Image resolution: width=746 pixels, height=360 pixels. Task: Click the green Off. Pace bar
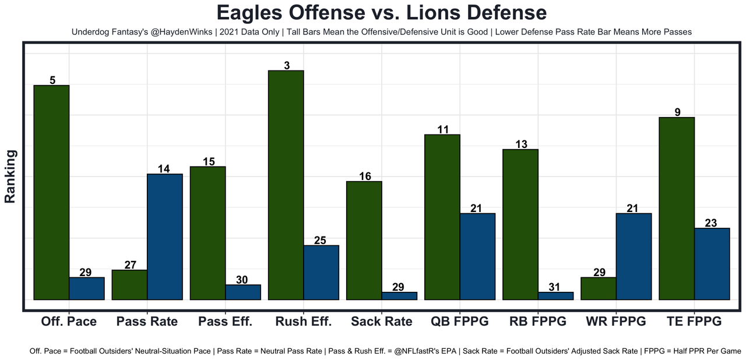click(52, 192)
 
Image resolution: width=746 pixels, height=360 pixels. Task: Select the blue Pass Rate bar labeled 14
click(165, 237)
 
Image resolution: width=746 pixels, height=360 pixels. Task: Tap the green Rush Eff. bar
click(286, 185)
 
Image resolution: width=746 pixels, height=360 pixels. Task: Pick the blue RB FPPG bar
click(555, 296)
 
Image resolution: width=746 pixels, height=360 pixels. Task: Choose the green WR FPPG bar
click(599, 288)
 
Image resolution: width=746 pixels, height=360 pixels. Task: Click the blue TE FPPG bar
click(712, 263)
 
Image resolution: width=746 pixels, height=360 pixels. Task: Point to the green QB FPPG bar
click(442, 217)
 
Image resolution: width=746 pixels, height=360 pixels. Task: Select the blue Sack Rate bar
click(399, 296)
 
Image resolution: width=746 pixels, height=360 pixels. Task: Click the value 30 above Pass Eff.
click(242, 280)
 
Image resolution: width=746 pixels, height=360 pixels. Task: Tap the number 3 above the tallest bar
click(287, 66)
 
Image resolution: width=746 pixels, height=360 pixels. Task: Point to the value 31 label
click(554, 287)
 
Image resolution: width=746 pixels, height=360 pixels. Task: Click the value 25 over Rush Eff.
click(321, 240)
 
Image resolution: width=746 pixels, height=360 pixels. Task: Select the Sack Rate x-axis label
click(382, 322)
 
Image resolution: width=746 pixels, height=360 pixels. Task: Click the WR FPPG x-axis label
click(615, 322)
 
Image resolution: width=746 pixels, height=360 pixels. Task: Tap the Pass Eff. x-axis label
click(225, 322)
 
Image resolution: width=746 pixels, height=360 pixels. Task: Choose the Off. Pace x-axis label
click(69, 322)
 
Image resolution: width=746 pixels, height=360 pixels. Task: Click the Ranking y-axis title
click(10, 176)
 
